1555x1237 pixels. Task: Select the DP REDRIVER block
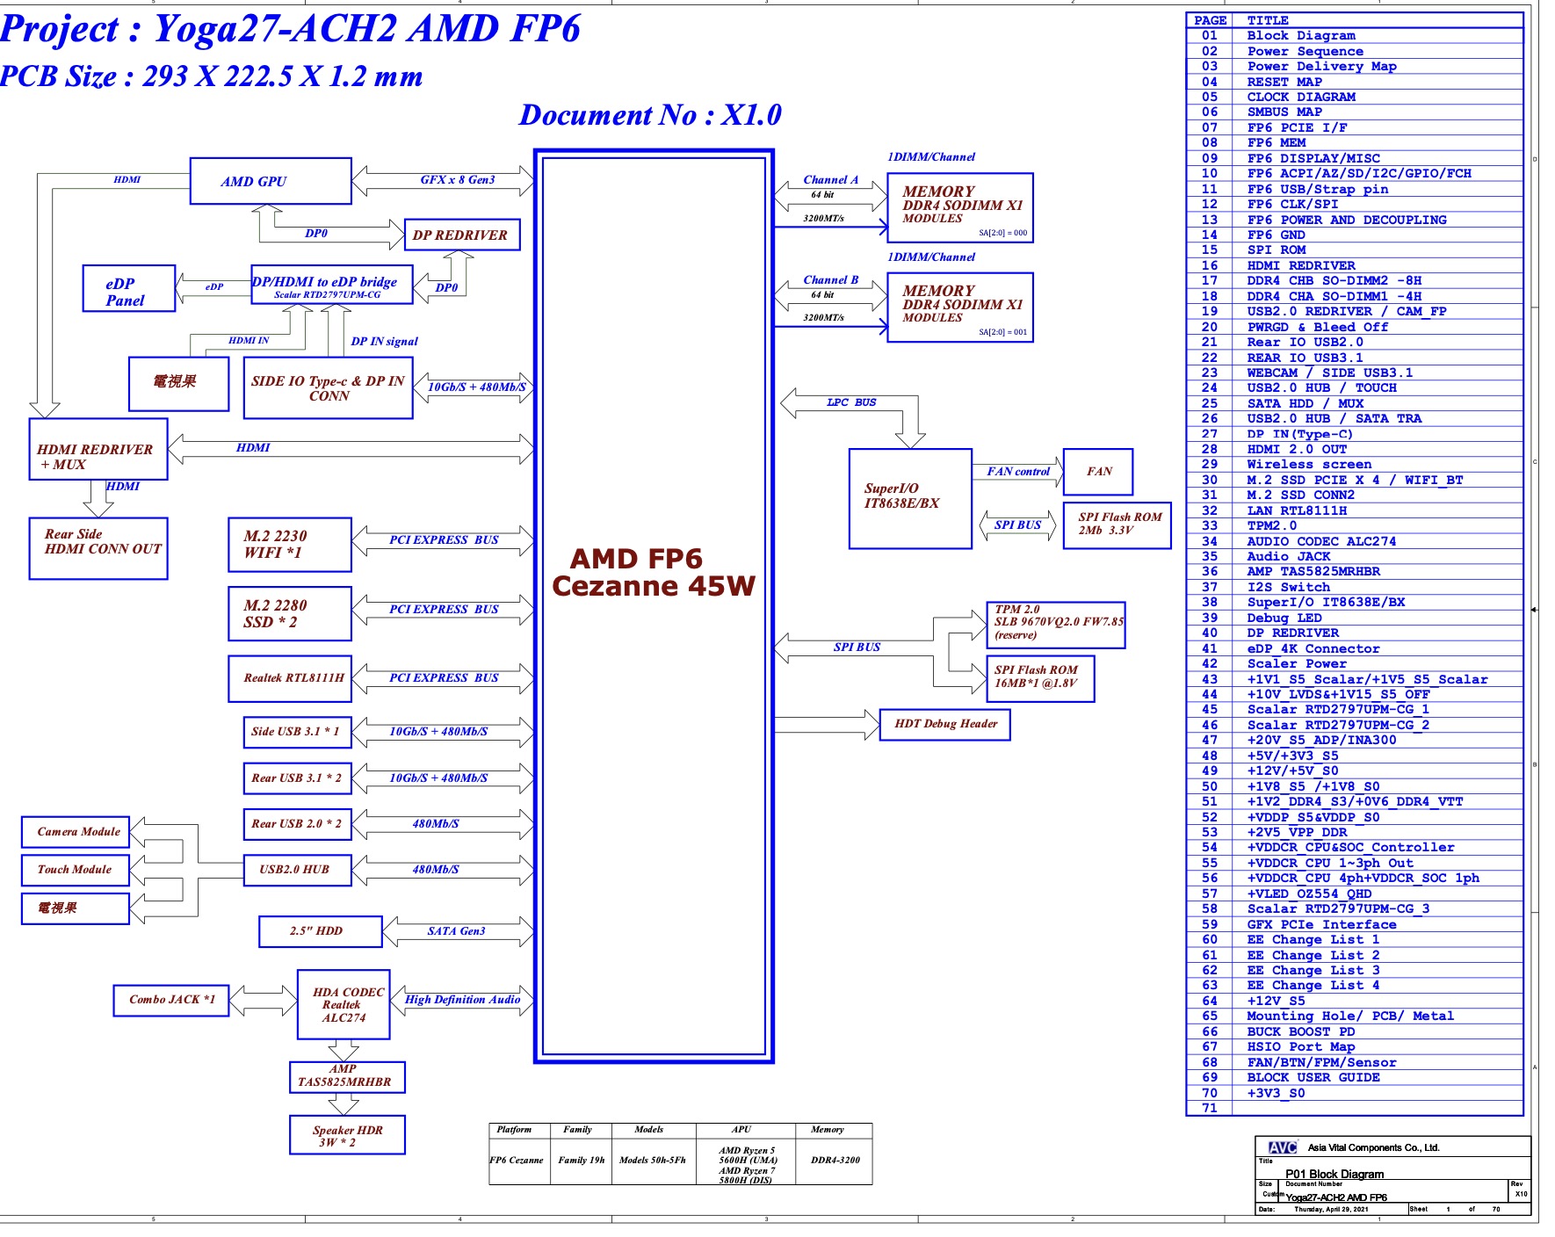point(461,235)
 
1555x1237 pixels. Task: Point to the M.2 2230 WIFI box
point(289,545)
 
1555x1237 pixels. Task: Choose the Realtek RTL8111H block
point(289,678)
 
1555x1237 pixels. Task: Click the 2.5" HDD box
point(320,931)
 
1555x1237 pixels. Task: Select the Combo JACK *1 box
point(171,1000)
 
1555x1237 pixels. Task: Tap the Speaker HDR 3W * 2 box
point(347,1135)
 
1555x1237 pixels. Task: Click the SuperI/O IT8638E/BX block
point(909,498)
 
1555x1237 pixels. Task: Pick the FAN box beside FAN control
point(1098,472)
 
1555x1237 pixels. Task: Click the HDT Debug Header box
point(944,725)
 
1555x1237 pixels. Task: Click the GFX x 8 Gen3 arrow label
point(457,180)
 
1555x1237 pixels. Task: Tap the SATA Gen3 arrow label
point(456,931)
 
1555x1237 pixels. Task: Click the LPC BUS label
point(850,403)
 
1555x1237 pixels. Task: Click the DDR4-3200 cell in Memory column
point(835,1160)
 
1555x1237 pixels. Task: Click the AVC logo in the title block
point(1282,1147)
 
